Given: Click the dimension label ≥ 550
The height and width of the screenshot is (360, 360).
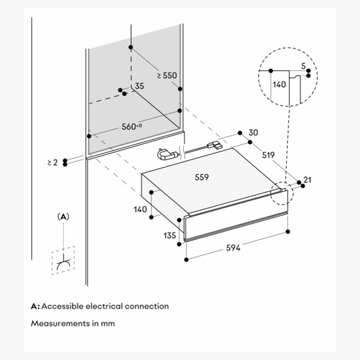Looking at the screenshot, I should click(167, 76).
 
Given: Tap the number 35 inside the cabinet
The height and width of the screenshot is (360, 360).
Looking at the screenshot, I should click(140, 87).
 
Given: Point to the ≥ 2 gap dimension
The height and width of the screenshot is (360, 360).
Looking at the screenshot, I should click(52, 162).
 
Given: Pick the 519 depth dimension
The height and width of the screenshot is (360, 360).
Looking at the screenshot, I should click(268, 155).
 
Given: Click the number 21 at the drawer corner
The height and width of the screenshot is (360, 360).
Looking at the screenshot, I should click(308, 180).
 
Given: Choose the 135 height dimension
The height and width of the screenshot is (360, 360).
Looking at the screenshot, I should click(170, 235).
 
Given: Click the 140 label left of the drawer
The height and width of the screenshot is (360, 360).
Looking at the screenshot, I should click(140, 210).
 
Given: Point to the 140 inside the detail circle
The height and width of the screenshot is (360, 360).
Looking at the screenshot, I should click(279, 86).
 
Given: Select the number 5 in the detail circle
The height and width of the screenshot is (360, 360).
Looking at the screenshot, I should click(304, 65).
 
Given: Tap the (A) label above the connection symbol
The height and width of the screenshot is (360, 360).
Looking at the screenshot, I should click(63, 215).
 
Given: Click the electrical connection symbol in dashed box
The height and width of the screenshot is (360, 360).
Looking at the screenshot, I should click(63, 261).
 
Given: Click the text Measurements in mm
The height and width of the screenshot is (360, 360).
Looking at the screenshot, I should click(73, 323).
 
